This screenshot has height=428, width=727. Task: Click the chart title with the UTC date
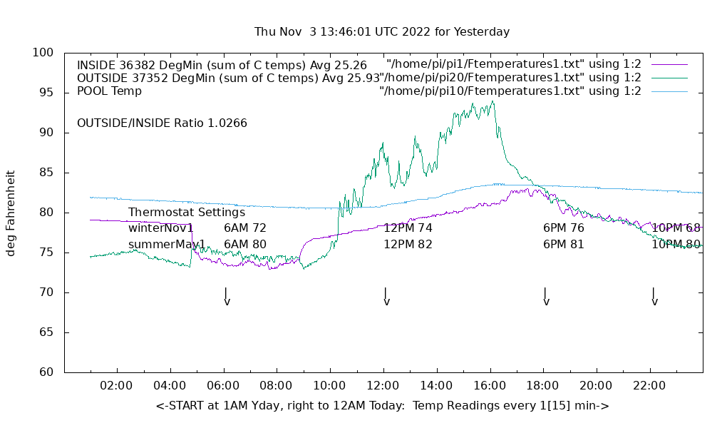point(382,32)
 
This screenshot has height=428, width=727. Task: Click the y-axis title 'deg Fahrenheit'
point(11,213)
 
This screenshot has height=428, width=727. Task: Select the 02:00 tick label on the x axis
point(116,386)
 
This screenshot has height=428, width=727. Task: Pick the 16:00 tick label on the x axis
point(490,386)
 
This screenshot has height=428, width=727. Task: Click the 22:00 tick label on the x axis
point(649,386)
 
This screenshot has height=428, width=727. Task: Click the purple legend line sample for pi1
point(669,65)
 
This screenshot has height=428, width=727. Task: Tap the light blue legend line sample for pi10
point(669,91)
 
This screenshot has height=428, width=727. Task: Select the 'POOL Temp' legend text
point(109,91)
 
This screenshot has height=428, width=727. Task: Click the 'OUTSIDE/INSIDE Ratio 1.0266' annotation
point(162,123)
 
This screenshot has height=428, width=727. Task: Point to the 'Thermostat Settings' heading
point(187,213)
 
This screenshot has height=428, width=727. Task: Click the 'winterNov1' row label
point(161,228)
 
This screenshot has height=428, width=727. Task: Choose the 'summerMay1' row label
point(167,245)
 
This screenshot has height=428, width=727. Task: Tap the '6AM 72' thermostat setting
point(244,228)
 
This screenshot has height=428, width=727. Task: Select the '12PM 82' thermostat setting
point(408,245)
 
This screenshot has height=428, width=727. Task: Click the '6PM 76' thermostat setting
point(564,228)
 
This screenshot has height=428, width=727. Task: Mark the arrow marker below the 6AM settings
point(226,297)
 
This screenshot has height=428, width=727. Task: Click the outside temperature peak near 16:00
point(492,102)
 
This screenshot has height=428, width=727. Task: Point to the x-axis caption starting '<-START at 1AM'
point(382,406)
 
